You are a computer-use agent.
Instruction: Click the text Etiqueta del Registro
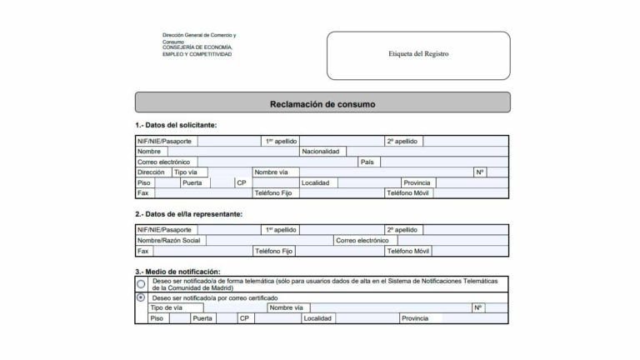[x=418, y=53]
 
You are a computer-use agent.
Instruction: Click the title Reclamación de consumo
[x=322, y=104]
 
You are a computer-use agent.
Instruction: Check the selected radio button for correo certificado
[x=141, y=297]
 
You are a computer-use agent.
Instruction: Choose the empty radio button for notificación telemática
[x=141, y=284]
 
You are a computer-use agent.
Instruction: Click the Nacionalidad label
[x=320, y=152]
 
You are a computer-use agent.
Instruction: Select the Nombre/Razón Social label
[x=169, y=240]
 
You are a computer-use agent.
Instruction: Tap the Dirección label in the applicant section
[x=151, y=172]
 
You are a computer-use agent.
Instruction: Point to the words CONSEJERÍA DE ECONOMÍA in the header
[x=197, y=47]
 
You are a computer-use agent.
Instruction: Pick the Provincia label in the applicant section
[x=416, y=182]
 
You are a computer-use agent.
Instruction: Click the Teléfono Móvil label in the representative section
[x=407, y=250]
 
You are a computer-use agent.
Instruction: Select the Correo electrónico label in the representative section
[x=362, y=240]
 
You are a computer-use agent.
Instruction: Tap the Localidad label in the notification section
[x=318, y=318]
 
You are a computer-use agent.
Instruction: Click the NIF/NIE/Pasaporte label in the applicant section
[x=164, y=142]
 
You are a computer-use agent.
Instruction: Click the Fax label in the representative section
[x=143, y=250]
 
